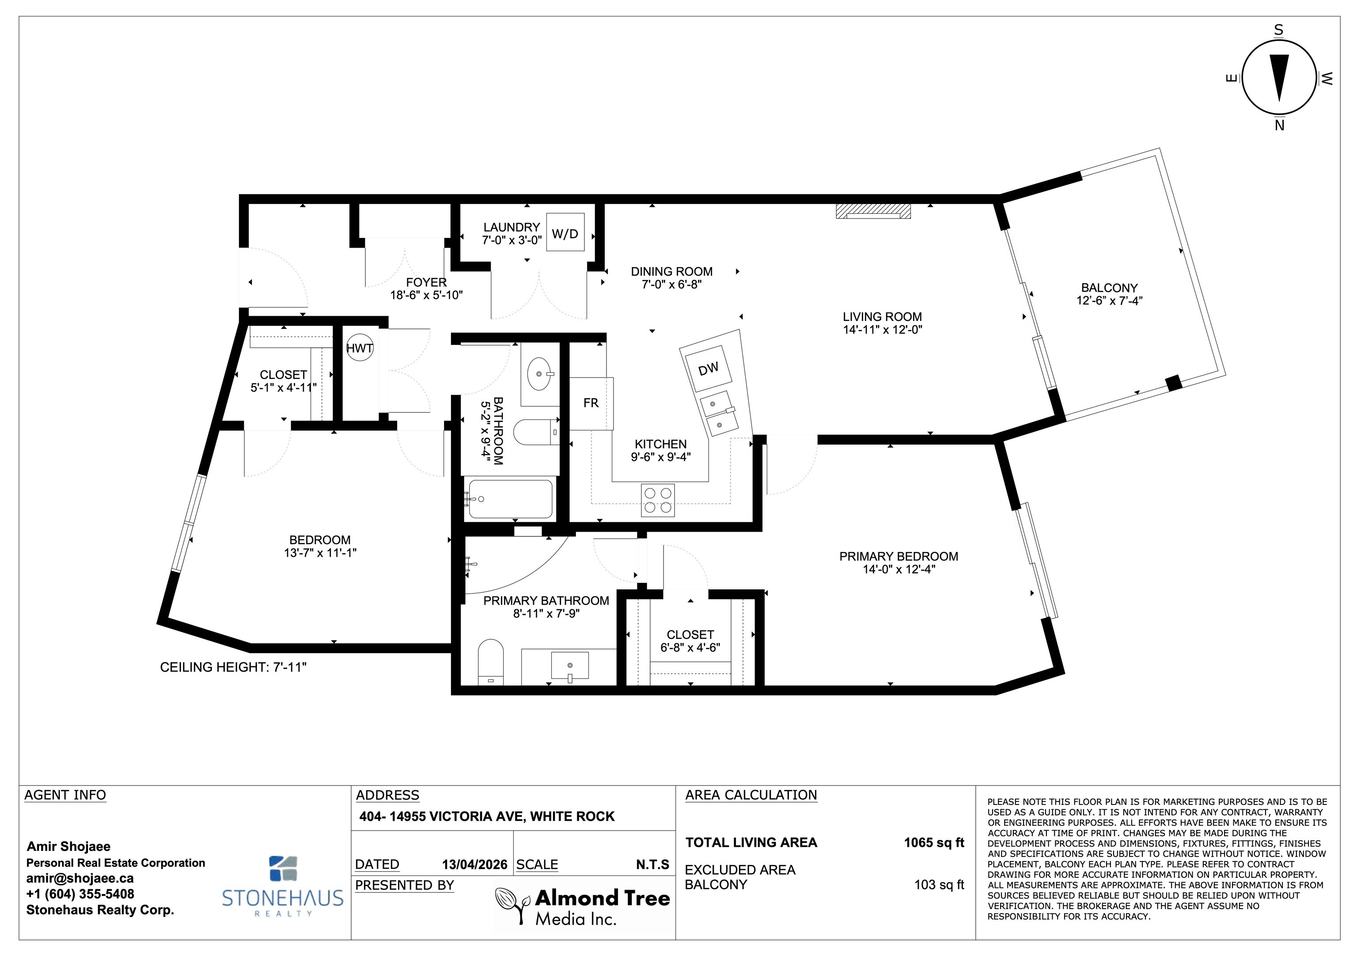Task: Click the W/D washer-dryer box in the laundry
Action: click(x=565, y=232)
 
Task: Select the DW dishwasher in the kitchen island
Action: click(x=708, y=369)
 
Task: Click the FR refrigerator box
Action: click(x=591, y=403)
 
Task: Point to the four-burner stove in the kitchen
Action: click(x=658, y=500)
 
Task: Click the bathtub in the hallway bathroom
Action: click(x=511, y=498)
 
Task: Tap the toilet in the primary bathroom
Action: click(x=490, y=661)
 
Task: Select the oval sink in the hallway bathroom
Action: click(x=539, y=374)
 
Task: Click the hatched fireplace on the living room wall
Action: click(x=873, y=211)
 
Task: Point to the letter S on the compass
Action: click(x=1278, y=30)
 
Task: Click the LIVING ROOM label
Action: click(x=882, y=317)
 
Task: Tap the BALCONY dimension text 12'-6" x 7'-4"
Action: click(x=1109, y=301)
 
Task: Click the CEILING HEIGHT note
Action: click(x=234, y=667)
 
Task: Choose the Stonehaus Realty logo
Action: click(x=283, y=886)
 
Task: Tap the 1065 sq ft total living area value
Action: click(x=934, y=842)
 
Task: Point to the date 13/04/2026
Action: click(x=474, y=865)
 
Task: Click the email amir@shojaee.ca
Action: click(x=80, y=879)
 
